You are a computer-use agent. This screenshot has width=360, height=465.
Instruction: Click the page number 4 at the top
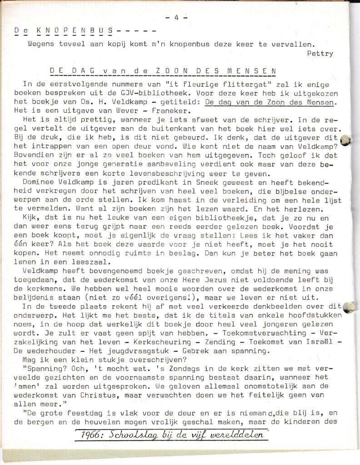click(174, 18)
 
